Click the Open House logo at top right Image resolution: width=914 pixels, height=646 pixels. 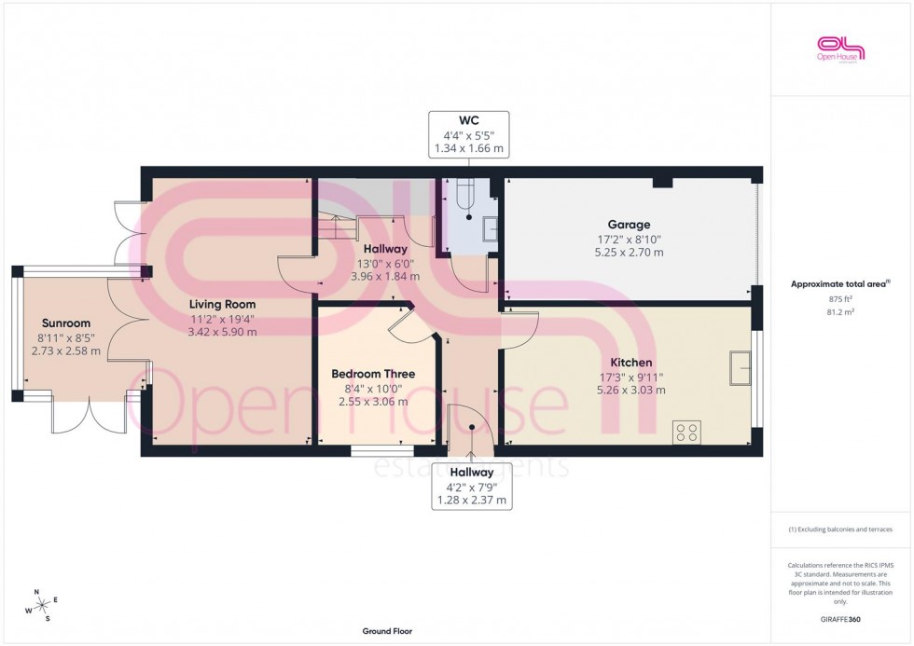coord(841,48)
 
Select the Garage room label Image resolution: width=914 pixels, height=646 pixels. coord(629,225)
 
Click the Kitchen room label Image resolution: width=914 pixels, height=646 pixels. coord(630,362)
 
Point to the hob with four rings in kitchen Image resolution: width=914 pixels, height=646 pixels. coord(688,433)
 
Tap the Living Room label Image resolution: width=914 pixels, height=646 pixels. coord(222,304)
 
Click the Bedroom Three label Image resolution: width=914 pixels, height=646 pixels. coord(373,374)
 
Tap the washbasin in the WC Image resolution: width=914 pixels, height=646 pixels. coord(490,224)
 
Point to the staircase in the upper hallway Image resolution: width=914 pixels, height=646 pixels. coord(335,225)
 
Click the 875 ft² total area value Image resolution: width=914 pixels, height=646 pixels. coord(841,298)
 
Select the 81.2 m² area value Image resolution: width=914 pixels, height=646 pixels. coord(841,313)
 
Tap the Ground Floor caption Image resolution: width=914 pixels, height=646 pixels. coord(387,631)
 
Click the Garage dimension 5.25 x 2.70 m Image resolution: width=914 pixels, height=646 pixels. coord(629,252)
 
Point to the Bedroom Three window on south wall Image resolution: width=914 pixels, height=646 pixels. coord(375,452)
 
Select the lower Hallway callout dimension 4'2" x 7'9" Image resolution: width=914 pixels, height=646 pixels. coord(471,487)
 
